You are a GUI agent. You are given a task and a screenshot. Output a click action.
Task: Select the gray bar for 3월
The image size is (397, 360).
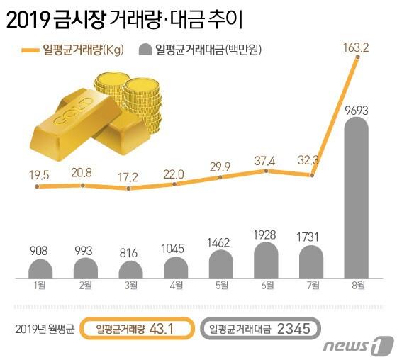coord(130,270)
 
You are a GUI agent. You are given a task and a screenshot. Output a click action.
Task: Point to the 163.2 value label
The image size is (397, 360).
coord(355,48)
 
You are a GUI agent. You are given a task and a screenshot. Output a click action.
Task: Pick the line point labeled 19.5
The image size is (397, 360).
coord(38,187)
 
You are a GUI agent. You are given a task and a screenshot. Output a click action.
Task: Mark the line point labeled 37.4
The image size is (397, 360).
coord(265,171)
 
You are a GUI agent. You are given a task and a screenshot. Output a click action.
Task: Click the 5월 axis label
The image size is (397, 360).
coord(220,286)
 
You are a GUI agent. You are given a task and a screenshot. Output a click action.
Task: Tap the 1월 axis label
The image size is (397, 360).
coord(39,286)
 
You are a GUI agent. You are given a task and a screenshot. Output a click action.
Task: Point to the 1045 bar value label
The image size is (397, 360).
coord(175,250)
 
